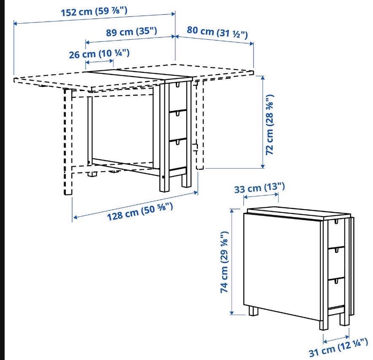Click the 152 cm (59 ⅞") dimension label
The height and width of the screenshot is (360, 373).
(x=94, y=11)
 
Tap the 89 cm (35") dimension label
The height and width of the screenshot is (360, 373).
(x=131, y=31)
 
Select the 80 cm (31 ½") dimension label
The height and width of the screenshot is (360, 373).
(x=217, y=32)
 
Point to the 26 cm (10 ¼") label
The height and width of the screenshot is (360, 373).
(x=99, y=54)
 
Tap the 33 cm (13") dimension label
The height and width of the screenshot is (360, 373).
(x=260, y=188)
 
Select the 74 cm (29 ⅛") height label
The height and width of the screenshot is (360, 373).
(x=224, y=262)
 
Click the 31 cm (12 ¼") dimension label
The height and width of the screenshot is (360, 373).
(x=338, y=348)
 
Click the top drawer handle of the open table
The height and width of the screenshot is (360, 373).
(x=178, y=85)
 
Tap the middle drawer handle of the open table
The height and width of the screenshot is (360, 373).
(x=178, y=114)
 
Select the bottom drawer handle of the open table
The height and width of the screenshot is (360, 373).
(x=178, y=142)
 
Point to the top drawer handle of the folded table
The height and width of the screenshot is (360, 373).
(x=336, y=222)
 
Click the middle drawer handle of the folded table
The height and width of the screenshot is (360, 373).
(x=336, y=250)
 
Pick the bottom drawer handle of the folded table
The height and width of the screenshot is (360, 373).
(x=336, y=281)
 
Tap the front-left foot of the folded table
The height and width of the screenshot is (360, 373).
(x=254, y=311)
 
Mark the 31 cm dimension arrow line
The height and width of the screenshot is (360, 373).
(x=336, y=339)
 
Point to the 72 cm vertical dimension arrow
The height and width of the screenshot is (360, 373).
(x=263, y=122)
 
